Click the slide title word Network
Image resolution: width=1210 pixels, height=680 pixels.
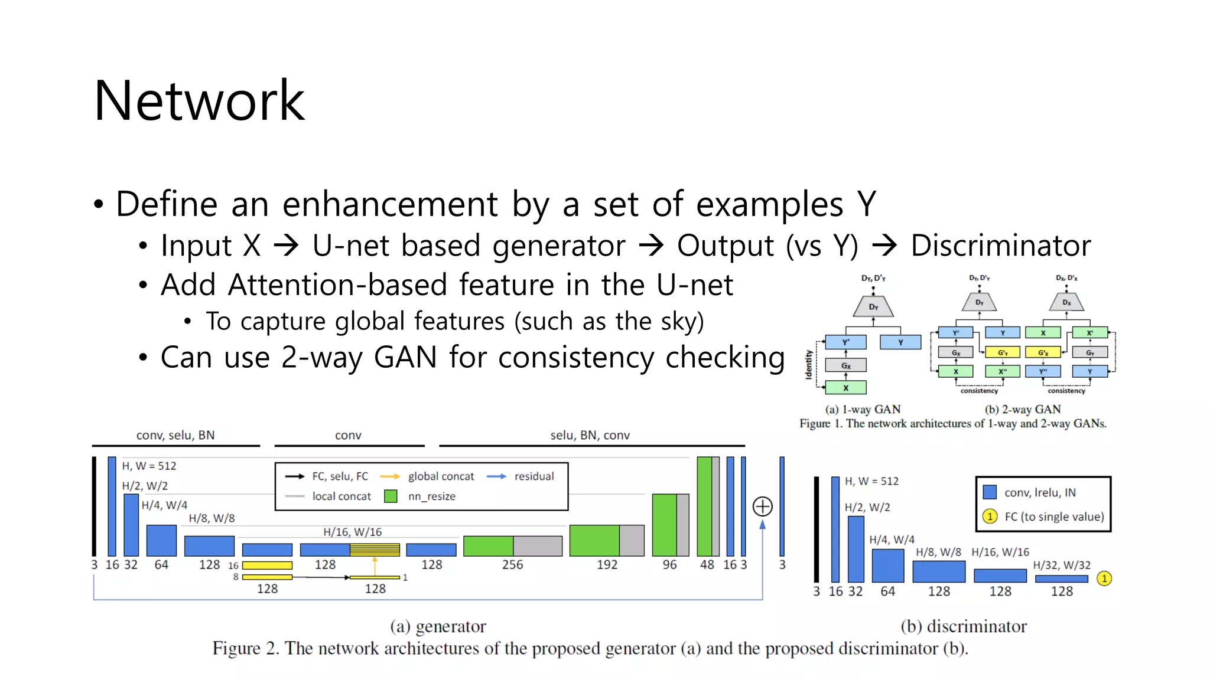pyautogui.click(x=199, y=102)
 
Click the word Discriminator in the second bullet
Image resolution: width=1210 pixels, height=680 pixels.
pyautogui.click(x=1000, y=246)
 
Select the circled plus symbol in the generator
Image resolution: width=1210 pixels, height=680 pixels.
pyautogui.click(x=762, y=506)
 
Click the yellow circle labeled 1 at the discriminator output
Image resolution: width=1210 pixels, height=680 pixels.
pyautogui.click(x=1104, y=578)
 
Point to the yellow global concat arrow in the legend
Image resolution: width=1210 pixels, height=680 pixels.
pyautogui.click(x=390, y=476)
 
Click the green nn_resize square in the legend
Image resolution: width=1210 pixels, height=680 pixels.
pyautogui.click(x=391, y=496)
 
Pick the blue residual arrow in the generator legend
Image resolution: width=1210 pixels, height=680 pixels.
pyautogui.click(x=496, y=476)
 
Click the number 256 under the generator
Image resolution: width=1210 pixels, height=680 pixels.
pyautogui.click(x=512, y=565)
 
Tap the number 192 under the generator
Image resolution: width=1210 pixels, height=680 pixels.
pyautogui.click(x=607, y=565)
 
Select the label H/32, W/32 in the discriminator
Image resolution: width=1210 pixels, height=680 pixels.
pyautogui.click(x=1062, y=565)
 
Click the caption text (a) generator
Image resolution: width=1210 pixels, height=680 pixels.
pyautogui.click(x=438, y=626)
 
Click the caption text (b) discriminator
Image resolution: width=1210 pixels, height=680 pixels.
pyautogui.click(x=964, y=626)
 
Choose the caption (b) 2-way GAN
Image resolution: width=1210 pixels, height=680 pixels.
pyautogui.click(x=1023, y=409)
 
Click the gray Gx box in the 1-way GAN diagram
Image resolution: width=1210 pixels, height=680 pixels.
pyautogui.click(x=845, y=365)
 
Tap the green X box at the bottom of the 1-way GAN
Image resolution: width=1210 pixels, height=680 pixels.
pyautogui.click(x=845, y=388)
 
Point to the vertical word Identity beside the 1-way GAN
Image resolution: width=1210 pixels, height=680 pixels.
pyautogui.click(x=809, y=364)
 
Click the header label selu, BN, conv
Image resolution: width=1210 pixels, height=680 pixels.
pyautogui.click(x=590, y=436)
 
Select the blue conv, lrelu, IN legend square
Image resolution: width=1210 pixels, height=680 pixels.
pyautogui.click(x=990, y=492)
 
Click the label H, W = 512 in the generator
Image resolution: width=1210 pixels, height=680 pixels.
pyautogui.click(x=149, y=466)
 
